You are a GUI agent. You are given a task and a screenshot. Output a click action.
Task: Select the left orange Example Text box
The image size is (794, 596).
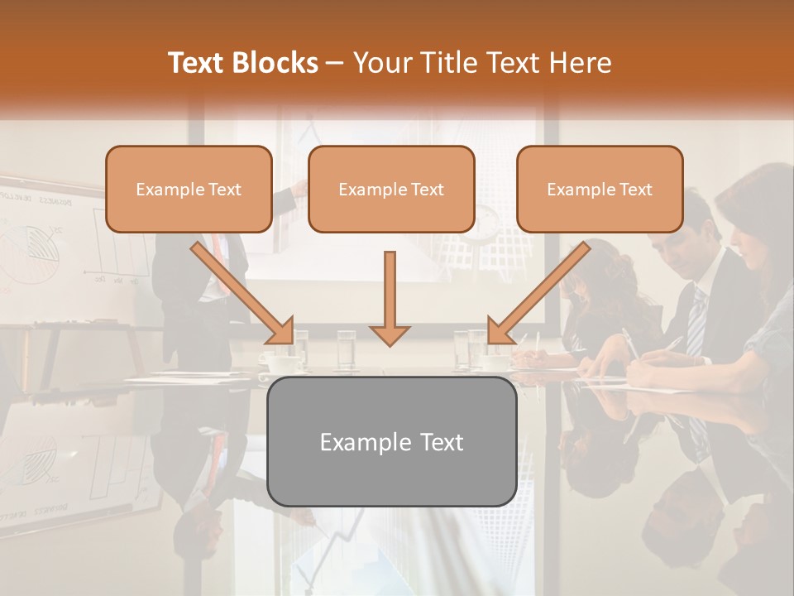(x=189, y=189)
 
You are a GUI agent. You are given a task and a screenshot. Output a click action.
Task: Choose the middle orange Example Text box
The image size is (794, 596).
(x=391, y=189)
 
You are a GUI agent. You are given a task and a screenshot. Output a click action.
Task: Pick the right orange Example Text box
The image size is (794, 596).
(x=600, y=189)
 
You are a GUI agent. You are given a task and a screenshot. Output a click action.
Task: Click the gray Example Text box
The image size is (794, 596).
(x=391, y=441)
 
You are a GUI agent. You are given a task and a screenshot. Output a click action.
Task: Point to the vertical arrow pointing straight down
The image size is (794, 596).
(x=390, y=298)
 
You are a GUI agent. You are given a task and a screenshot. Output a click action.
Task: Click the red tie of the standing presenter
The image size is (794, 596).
(x=217, y=248)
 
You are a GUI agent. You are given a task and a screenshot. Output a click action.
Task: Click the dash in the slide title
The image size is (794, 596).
(x=335, y=63)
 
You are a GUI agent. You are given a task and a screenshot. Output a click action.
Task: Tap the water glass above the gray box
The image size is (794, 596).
(x=347, y=348)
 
